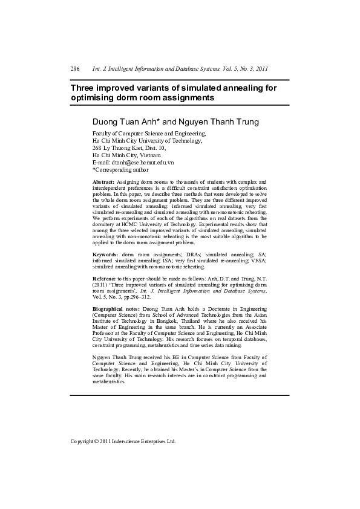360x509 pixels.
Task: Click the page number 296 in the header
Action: [x=75, y=70]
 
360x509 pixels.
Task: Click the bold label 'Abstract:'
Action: [x=103, y=182]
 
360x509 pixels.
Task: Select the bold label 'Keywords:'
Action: [x=105, y=254]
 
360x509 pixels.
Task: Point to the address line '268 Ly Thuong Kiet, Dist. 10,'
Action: [x=129, y=148]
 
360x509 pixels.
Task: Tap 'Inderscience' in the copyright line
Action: [x=129, y=441]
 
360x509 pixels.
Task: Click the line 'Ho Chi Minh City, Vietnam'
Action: [x=126, y=155]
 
